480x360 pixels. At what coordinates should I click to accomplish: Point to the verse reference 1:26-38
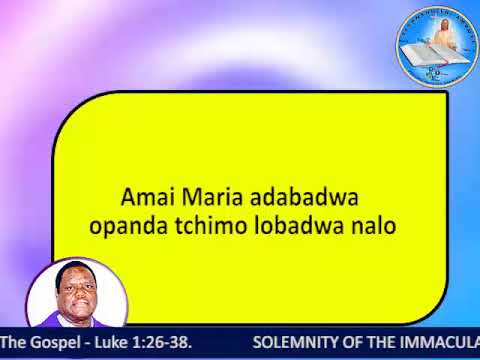click(160, 342)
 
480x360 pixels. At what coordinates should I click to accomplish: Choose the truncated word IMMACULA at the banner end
click(440, 342)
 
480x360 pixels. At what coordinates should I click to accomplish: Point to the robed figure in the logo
click(438, 35)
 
